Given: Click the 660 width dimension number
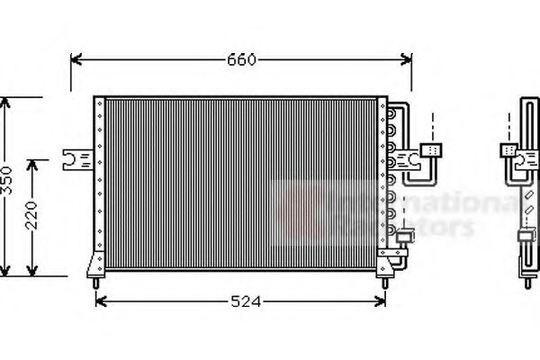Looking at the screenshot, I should coord(241,60).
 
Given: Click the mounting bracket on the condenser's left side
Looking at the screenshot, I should coord(76,159).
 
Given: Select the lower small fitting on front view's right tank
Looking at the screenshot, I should coord(405,236).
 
